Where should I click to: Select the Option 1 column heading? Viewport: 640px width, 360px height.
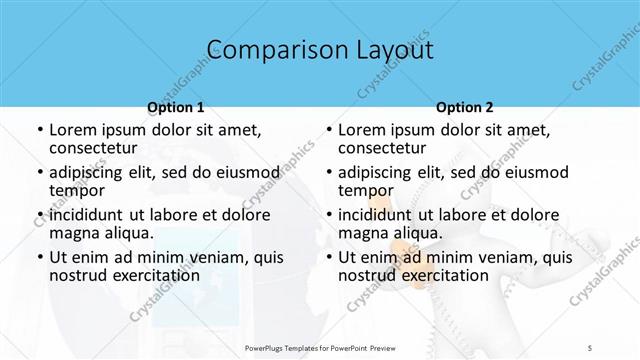(176, 107)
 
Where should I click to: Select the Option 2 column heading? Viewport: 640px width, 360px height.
(465, 107)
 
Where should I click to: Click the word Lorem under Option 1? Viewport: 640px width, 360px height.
(72, 130)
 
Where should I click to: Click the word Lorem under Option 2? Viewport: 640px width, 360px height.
(361, 130)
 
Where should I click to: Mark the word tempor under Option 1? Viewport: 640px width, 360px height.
(74, 191)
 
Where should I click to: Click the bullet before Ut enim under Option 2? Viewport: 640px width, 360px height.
(329, 257)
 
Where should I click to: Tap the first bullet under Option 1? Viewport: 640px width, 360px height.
(40, 131)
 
